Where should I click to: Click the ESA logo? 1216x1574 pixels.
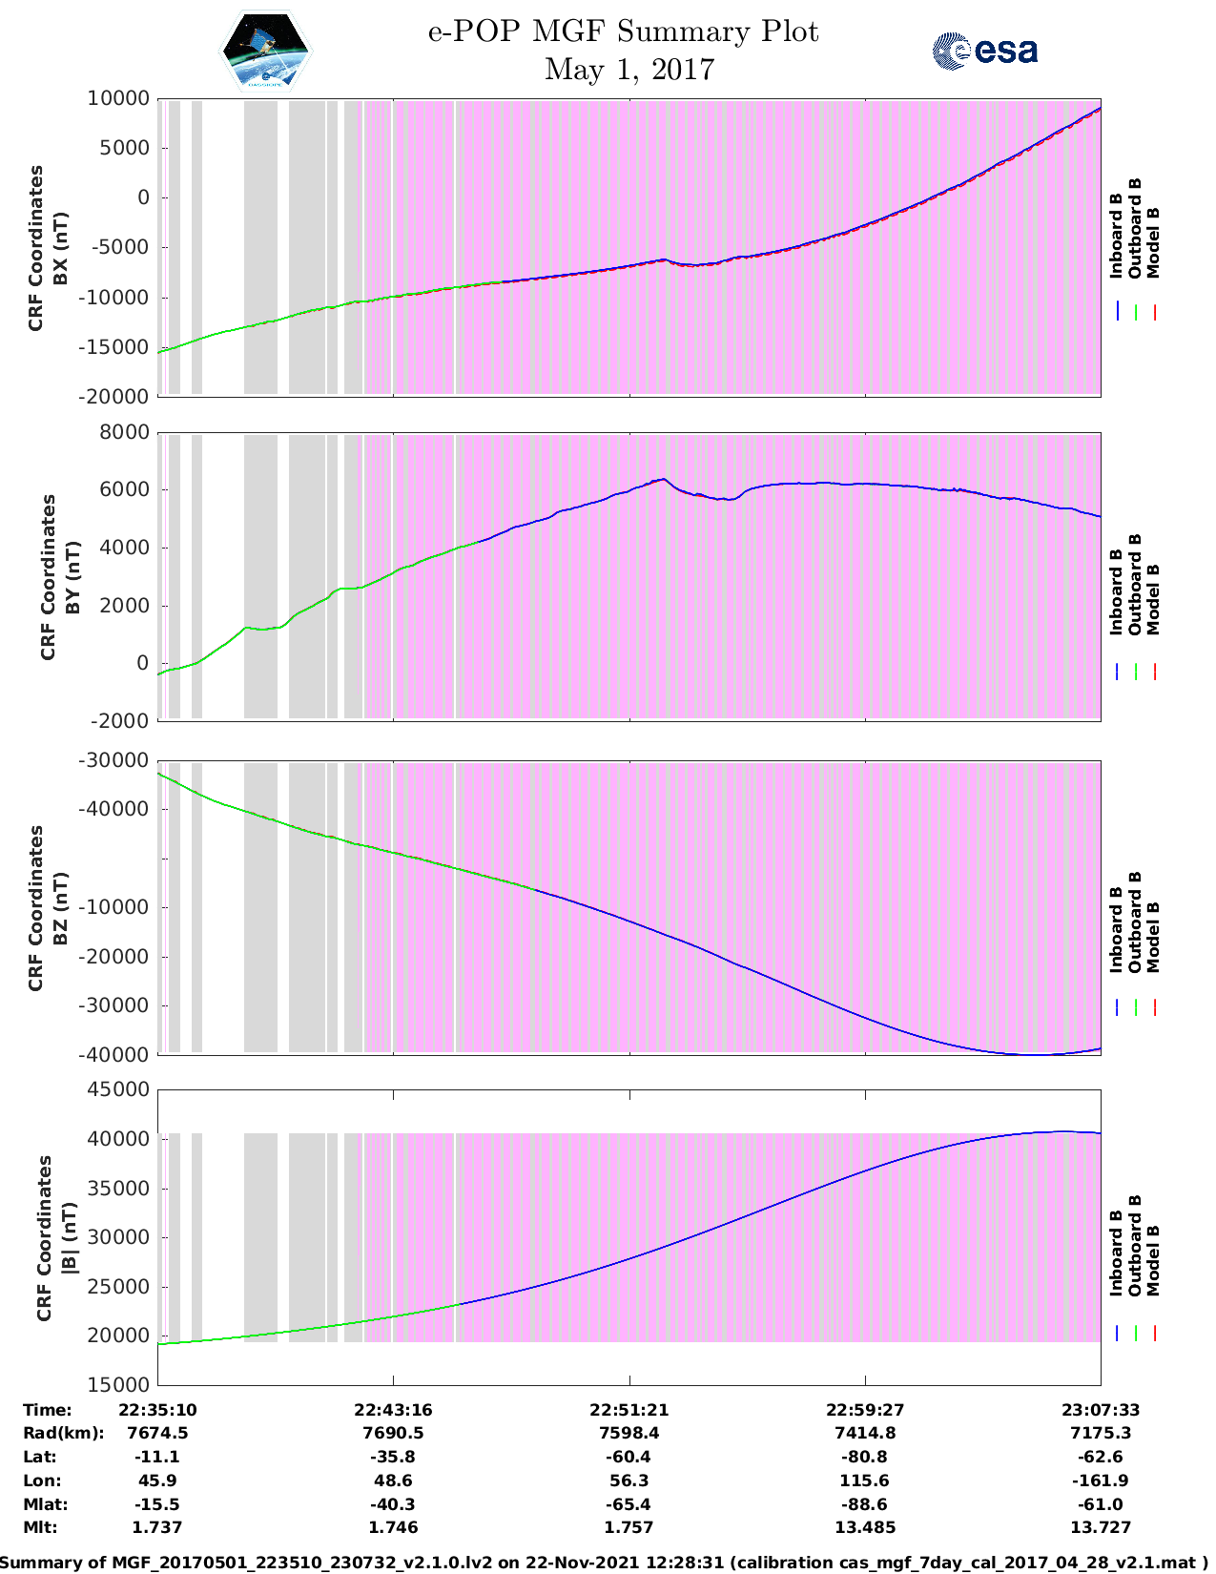click(984, 51)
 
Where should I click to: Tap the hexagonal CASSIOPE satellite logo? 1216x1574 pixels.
click(266, 52)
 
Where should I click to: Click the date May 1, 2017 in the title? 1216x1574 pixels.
click(629, 70)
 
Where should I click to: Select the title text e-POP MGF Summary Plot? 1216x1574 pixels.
click(623, 31)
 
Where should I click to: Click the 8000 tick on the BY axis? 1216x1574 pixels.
click(124, 432)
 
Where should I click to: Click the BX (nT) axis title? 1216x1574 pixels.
click(60, 248)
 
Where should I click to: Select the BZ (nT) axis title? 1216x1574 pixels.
click(60, 908)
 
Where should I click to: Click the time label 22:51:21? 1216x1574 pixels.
click(629, 1409)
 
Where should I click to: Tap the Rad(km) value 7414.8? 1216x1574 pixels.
click(864, 1433)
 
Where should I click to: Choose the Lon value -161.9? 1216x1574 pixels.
click(1100, 1481)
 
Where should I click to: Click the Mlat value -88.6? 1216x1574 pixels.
click(864, 1504)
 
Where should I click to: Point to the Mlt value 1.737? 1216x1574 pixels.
click(156, 1527)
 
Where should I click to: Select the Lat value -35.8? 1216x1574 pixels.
click(392, 1457)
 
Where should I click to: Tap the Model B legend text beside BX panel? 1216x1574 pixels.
click(1153, 242)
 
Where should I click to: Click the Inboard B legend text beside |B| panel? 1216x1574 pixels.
click(1117, 1253)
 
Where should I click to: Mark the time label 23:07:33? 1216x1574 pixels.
click(1100, 1409)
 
